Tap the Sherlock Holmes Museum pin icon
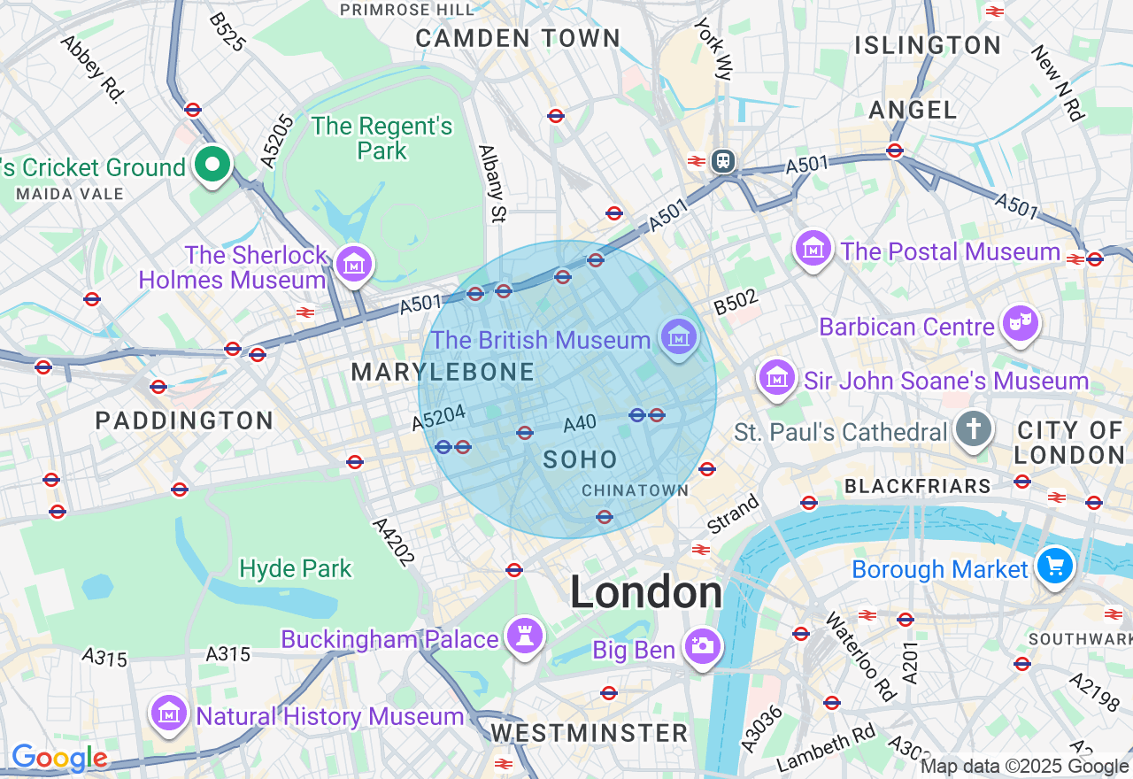[354, 264]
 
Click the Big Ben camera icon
[703, 646]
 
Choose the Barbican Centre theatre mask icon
[1019, 324]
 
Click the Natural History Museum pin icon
[168, 713]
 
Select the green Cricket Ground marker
[212, 165]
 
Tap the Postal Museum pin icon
[813, 249]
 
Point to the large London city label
[646, 591]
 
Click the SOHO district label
[580, 459]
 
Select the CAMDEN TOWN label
[518, 38]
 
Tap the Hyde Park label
[296, 568]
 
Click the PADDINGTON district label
[184, 420]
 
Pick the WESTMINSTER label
[590, 733]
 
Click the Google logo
[59, 758]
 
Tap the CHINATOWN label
[635, 490]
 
